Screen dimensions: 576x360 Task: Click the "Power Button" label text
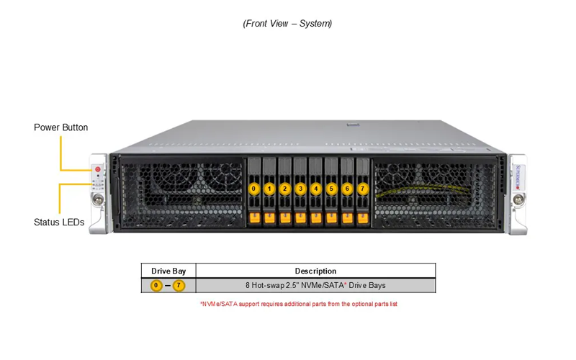point(61,127)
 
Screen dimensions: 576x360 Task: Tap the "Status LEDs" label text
point(59,222)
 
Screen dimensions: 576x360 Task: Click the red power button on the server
point(98,169)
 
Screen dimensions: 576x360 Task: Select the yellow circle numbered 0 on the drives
point(253,189)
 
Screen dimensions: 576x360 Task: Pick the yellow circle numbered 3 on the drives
point(300,189)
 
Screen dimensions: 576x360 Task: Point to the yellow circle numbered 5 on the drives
point(331,189)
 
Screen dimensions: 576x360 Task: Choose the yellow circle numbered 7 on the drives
point(363,189)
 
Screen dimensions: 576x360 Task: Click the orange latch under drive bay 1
point(269,218)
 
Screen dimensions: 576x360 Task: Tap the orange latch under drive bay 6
point(347,218)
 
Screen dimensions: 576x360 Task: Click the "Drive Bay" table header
point(168,271)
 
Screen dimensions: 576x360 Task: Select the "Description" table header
point(315,271)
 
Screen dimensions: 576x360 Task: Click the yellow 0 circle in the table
point(156,285)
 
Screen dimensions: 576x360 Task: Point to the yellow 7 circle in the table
point(179,285)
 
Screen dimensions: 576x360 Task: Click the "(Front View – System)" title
point(287,24)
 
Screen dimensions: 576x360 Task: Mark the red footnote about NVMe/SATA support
point(299,304)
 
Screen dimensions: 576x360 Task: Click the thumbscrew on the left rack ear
point(98,199)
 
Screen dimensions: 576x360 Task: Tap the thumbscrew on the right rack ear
point(518,199)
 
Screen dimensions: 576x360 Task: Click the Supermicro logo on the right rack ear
point(518,177)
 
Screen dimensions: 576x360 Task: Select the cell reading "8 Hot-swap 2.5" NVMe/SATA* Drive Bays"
point(315,285)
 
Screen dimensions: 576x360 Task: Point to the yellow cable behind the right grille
point(423,190)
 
